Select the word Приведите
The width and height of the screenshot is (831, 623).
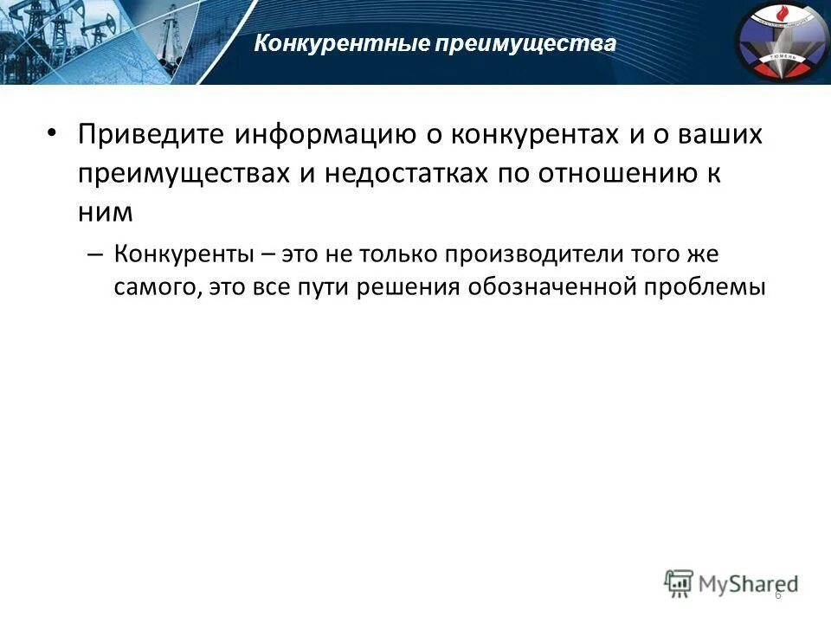coord(147,136)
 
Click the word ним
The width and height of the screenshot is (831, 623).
coord(103,210)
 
